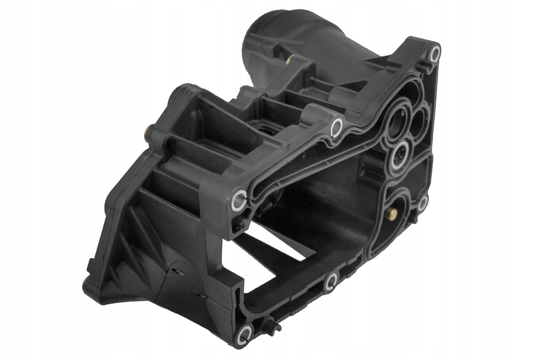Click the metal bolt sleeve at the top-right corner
434,53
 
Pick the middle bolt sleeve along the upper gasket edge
336,126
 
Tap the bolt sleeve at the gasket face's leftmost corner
239,198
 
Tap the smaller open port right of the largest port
420,119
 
